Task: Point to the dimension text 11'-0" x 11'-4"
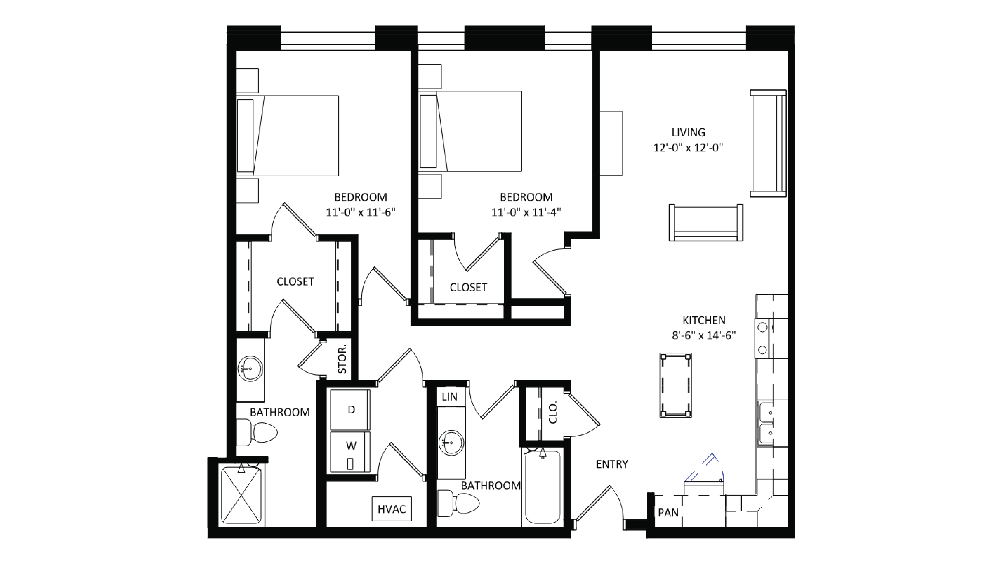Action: (526, 212)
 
